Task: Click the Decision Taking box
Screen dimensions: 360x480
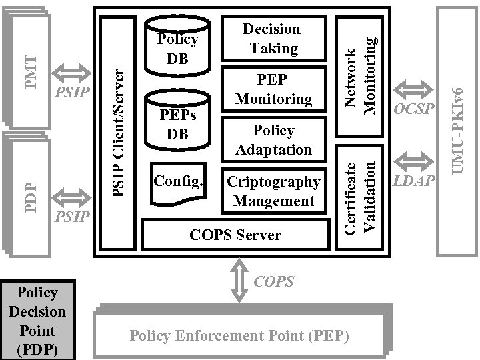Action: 271,39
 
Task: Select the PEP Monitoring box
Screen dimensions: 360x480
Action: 273,89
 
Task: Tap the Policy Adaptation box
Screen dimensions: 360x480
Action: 273,139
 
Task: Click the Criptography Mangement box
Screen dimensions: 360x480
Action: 273,191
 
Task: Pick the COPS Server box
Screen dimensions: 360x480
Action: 235,235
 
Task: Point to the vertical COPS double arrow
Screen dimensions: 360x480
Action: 238,281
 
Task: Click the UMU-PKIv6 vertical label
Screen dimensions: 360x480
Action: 457,130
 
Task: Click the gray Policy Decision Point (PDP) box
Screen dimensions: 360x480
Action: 37,321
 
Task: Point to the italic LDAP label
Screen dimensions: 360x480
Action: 413,181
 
